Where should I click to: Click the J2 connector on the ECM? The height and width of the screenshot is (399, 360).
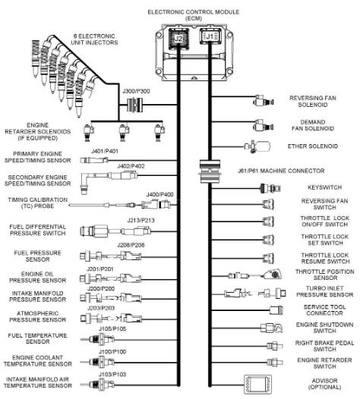pos(178,38)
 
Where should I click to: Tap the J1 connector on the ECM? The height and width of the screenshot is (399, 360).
pos(210,37)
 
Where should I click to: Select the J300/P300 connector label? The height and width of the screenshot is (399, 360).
pos(136,91)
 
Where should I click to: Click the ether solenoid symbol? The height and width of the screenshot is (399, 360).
pos(257,146)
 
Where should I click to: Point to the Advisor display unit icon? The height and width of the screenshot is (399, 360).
pos(257,385)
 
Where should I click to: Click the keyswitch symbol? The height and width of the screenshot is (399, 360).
pos(270,188)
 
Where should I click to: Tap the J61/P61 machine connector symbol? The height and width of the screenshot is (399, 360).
pos(210,171)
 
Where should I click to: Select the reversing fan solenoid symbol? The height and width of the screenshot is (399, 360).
pos(264,101)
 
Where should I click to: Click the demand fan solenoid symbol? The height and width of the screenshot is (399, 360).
pos(264,125)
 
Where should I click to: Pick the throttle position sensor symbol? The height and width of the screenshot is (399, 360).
pos(255,275)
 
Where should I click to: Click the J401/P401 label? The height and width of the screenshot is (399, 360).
pos(105,151)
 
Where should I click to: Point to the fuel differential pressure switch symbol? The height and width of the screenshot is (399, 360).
pos(115,231)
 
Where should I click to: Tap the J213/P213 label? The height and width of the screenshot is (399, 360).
pos(141,220)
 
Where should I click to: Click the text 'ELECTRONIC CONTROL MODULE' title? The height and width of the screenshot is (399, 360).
pos(194,12)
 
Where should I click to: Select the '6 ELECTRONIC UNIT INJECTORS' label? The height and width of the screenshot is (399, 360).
pos(94,39)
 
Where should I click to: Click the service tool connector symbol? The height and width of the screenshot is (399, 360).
pos(276,310)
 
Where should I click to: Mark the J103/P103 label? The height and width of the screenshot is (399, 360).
pos(112,374)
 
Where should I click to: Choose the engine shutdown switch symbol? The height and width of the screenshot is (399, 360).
pos(271,328)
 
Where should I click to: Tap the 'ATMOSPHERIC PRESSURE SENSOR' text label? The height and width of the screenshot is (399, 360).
pos(38,316)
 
